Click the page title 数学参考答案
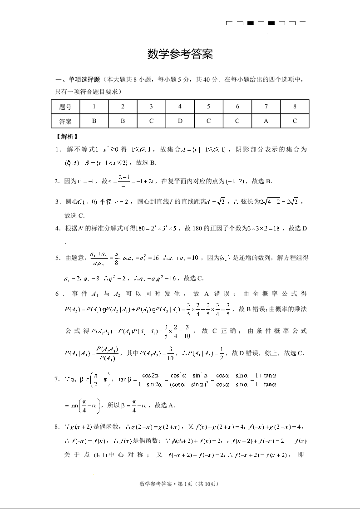pos(180,54)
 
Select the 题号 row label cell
pos(65,107)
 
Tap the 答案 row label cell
pos(65,121)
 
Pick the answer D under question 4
pos(180,121)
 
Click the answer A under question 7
pos(266,121)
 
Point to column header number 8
pos(295,107)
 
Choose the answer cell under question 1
pos(94,121)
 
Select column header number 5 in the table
pos(208,107)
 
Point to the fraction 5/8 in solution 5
pos(104,257)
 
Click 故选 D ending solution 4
pos(298,228)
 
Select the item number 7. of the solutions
pos(58,379)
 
